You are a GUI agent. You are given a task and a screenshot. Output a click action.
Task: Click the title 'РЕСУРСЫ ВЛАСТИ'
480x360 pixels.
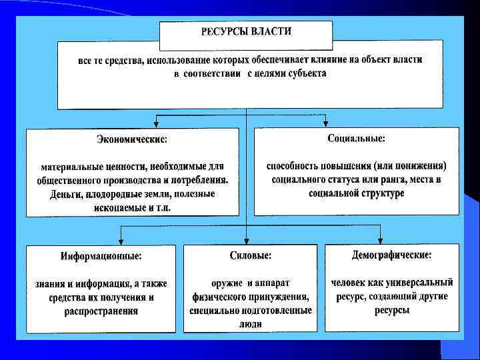[x=246, y=31]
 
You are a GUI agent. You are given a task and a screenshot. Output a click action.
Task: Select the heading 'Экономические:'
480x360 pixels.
[x=131, y=140]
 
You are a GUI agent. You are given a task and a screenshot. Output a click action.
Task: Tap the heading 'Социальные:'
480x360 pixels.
[x=356, y=139]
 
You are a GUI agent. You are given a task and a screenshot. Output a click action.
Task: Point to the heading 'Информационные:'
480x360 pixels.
[x=101, y=256]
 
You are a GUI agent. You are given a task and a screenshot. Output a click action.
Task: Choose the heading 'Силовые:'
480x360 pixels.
[x=250, y=255]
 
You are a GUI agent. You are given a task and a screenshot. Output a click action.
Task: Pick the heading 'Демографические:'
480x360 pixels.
[x=391, y=255]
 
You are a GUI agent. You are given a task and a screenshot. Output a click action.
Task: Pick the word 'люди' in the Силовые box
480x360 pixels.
[x=250, y=324]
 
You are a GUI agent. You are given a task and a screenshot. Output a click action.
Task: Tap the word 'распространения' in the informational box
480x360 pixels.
[x=101, y=311]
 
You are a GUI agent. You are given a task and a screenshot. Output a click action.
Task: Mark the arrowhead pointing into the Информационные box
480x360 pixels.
[x=121, y=241]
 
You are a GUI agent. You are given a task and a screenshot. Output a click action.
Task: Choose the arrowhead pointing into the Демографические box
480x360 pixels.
[x=381, y=240]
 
